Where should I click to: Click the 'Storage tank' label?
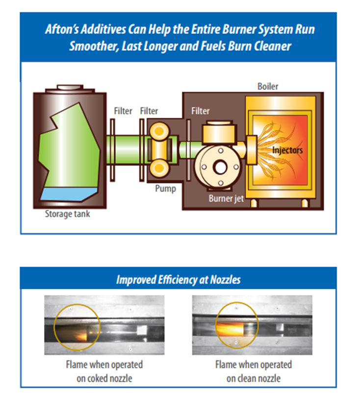(x=68, y=214)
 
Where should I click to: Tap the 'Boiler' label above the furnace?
(x=268, y=86)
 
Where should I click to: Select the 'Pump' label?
(x=165, y=189)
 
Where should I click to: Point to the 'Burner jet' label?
(x=226, y=199)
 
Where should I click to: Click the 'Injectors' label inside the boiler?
(x=287, y=150)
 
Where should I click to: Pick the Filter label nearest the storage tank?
(x=123, y=111)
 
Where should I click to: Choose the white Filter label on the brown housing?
(x=200, y=111)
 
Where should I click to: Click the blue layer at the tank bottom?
(x=69, y=194)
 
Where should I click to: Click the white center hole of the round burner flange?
(x=220, y=167)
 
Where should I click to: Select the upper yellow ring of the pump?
(x=159, y=131)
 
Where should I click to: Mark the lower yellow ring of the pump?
(x=159, y=168)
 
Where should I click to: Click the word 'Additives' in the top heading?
(x=103, y=29)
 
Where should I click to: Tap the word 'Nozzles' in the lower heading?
(x=225, y=280)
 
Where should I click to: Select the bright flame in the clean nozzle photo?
(x=230, y=329)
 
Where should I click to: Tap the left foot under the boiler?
(x=254, y=203)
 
